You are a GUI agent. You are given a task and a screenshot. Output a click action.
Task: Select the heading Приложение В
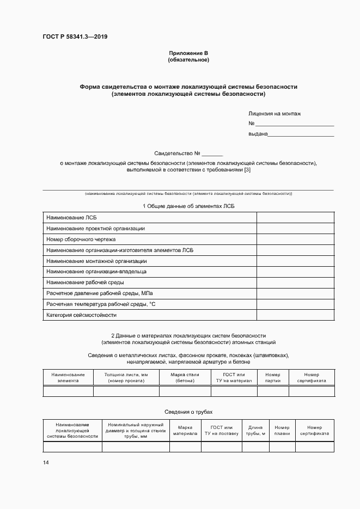point(188,53)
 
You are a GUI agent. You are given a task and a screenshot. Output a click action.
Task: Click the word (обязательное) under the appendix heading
point(188,59)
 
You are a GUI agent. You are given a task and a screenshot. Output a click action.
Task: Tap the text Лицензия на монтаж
point(274,114)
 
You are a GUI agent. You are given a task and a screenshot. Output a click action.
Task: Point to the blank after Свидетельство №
point(212,154)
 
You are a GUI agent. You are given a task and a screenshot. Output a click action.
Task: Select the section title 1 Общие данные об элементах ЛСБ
point(188,206)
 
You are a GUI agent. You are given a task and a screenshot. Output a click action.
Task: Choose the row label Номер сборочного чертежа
point(81,240)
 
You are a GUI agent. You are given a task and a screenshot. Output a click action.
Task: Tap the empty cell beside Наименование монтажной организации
point(295,261)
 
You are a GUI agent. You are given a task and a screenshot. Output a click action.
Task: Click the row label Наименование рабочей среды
point(85,283)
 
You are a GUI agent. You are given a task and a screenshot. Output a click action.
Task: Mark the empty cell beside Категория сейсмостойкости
point(295,315)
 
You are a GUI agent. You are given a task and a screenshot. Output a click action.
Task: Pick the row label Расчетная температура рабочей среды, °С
point(101,304)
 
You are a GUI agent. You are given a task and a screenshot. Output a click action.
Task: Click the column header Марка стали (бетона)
point(185,377)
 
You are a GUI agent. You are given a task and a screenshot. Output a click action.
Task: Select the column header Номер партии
point(272,377)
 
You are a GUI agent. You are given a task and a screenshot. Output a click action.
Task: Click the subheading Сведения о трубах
point(188,412)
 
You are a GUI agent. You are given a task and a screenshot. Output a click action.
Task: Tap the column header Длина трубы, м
point(255,431)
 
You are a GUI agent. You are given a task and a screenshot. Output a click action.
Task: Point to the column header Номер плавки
point(282,431)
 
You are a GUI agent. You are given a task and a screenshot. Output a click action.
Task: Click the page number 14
point(46,462)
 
